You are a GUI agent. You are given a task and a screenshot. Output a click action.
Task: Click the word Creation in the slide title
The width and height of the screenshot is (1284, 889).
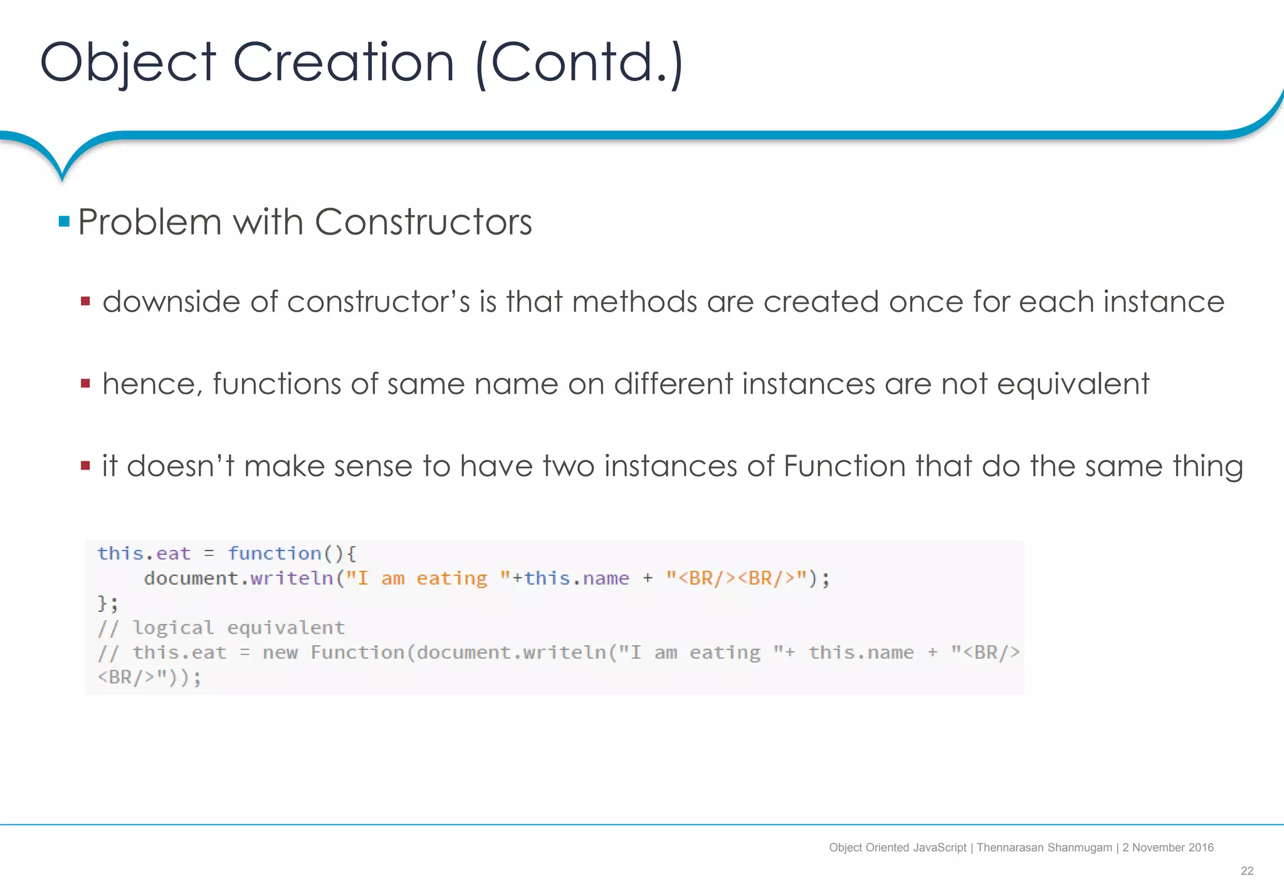click(x=343, y=63)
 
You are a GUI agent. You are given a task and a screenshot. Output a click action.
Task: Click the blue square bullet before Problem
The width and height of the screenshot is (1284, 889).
click(x=64, y=221)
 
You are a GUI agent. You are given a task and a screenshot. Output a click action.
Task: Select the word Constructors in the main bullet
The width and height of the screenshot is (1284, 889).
click(x=423, y=222)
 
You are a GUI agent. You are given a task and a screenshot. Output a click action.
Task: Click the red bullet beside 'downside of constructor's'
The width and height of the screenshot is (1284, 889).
click(x=86, y=302)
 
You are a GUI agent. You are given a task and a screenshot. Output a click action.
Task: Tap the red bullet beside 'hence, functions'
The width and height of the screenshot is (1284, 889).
click(x=86, y=383)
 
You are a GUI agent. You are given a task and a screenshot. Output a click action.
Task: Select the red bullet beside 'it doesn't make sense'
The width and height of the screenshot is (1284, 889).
click(x=86, y=465)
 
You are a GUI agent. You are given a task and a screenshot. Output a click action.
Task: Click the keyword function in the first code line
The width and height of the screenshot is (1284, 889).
click(x=275, y=554)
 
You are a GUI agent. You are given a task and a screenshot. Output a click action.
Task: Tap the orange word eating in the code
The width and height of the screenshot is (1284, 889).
click(x=451, y=578)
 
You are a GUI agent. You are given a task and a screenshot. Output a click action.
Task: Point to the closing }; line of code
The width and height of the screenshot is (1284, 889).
click(x=107, y=603)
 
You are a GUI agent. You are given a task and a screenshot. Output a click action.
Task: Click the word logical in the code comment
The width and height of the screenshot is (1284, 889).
click(x=173, y=628)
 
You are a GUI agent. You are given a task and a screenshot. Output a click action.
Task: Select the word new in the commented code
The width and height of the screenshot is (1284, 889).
click(x=280, y=653)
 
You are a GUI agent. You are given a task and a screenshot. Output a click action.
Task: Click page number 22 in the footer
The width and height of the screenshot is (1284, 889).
click(x=1246, y=871)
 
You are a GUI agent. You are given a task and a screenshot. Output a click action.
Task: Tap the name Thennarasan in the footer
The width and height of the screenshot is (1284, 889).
click(x=1009, y=848)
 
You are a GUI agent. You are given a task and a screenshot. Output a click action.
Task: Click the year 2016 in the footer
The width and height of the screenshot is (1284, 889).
click(x=1201, y=848)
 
